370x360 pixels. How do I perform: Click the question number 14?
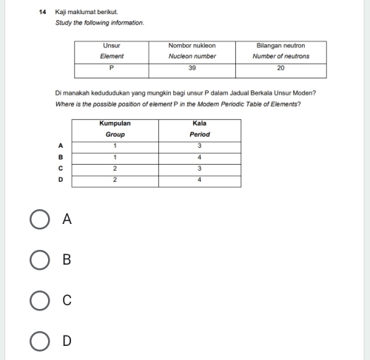43,13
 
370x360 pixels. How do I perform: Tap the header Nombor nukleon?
192,46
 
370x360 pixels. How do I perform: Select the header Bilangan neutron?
280,46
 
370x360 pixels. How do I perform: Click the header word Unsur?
111,46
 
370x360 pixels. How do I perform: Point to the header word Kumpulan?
115,123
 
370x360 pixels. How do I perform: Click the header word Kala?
199,123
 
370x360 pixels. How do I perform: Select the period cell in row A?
200,146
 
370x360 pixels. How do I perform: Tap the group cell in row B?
115,157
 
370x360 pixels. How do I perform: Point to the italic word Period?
199,135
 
